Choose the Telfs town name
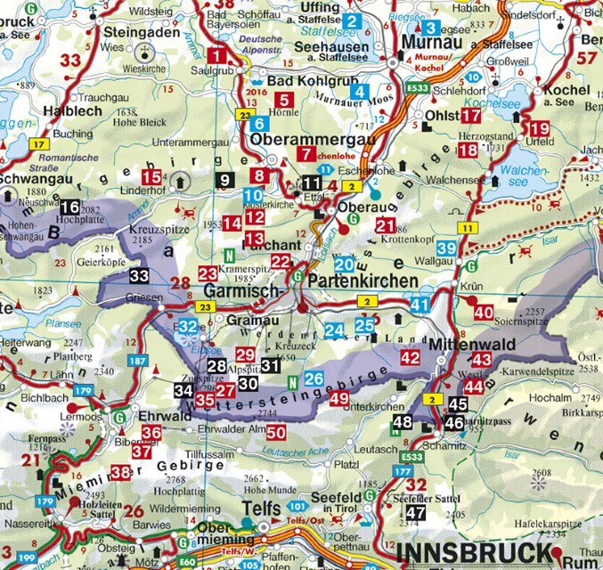(241, 509)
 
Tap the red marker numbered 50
(276, 432)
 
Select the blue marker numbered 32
(188, 328)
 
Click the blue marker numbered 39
(447, 248)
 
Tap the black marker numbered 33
(138, 275)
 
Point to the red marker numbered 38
(120, 472)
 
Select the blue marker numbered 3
(432, 28)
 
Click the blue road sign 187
(138, 361)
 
